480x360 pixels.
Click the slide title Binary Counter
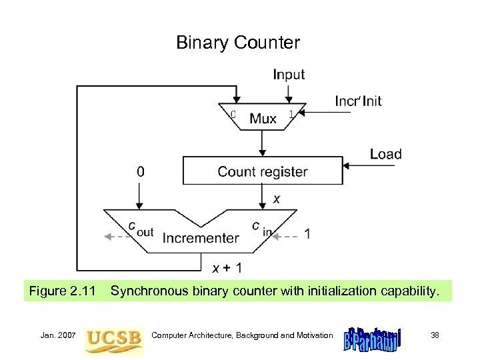(238, 43)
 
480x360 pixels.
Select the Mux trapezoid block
(263, 118)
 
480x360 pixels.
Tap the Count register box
(263, 171)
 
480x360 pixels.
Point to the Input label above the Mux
(289, 75)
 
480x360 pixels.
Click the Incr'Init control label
(358, 101)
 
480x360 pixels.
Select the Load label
(385, 154)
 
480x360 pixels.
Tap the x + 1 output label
(227, 268)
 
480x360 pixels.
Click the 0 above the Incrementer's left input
(139, 171)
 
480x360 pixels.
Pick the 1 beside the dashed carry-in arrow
(307, 234)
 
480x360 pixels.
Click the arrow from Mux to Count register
(263, 143)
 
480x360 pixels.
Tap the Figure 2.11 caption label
(60, 291)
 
